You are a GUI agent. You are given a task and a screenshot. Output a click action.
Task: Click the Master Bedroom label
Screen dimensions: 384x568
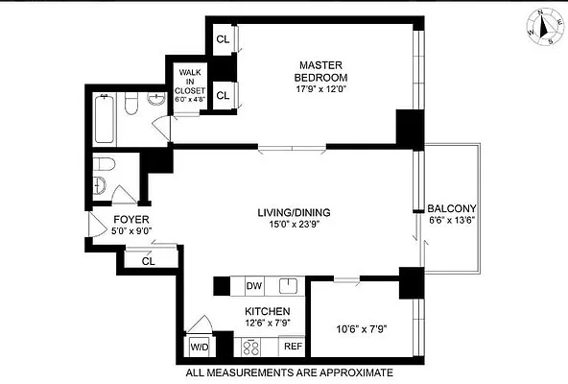(x=320, y=71)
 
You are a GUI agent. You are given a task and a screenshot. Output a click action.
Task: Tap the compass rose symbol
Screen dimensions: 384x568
(x=541, y=26)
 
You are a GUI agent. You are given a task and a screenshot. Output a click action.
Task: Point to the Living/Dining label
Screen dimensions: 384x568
(x=287, y=211)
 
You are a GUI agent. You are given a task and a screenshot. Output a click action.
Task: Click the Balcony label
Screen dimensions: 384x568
(x=452, y=208)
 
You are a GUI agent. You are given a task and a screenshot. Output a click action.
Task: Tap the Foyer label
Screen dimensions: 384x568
(x=129, y=219)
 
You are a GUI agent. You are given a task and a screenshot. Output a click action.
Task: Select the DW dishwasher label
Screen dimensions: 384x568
(x=254, y=286)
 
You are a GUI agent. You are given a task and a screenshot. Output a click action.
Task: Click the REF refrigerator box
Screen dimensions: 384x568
(x=292, y=346)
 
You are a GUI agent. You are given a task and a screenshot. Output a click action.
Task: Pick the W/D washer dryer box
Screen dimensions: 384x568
(x=200, y=346)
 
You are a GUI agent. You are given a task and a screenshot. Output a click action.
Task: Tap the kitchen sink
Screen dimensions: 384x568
(x=286, y=285)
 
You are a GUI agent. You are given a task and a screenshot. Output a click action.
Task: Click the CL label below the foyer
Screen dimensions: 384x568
(x=149, y=260)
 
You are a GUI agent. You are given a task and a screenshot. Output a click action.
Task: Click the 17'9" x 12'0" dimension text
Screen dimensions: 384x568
(x=320, y=90)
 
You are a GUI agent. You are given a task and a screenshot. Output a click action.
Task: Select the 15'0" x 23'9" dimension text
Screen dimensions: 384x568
(x=287, y=225)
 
